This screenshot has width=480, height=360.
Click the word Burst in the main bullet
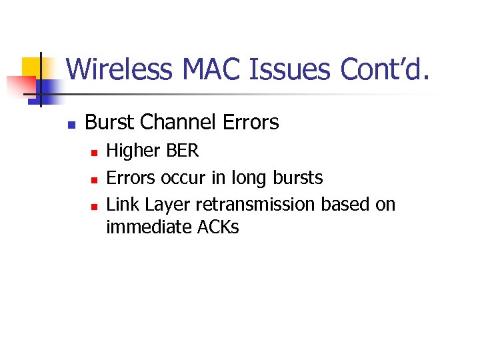pos(109,123)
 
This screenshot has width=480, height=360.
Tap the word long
pos(248,178)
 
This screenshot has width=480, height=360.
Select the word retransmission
pos(255,204)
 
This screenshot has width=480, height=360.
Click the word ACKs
pos(218,227)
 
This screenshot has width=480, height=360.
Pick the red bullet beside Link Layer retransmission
pos(95,206)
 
